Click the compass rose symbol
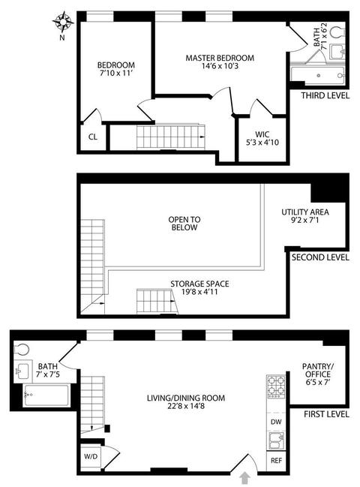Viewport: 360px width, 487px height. coord(63,22)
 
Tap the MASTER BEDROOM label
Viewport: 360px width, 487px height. coord(220,58)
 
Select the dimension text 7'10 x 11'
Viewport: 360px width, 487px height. coord(115,74)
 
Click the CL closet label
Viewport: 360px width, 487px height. coord(93,137)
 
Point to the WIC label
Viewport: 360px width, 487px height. coord(262,134)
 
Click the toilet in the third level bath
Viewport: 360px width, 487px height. coord(337,32)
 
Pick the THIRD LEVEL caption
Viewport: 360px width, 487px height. coord(325,95)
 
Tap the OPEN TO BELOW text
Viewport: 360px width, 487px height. coord(184,224)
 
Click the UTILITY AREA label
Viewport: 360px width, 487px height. coord(305,212)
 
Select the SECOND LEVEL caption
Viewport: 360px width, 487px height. coord(320,257)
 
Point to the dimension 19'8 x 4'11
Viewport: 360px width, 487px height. coord(199,292)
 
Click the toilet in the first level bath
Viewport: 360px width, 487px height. coord(22,350)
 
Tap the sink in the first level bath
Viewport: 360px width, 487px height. coord(23,371)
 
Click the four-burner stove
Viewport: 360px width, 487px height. coord(276,386)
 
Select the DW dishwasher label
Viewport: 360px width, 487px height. coord(276,422)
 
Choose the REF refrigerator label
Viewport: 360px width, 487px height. coord(276,460)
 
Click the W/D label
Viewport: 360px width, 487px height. coord(91,456)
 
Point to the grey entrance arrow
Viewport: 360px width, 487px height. coord(245,478)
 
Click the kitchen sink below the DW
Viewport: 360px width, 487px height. coord(276,440)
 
